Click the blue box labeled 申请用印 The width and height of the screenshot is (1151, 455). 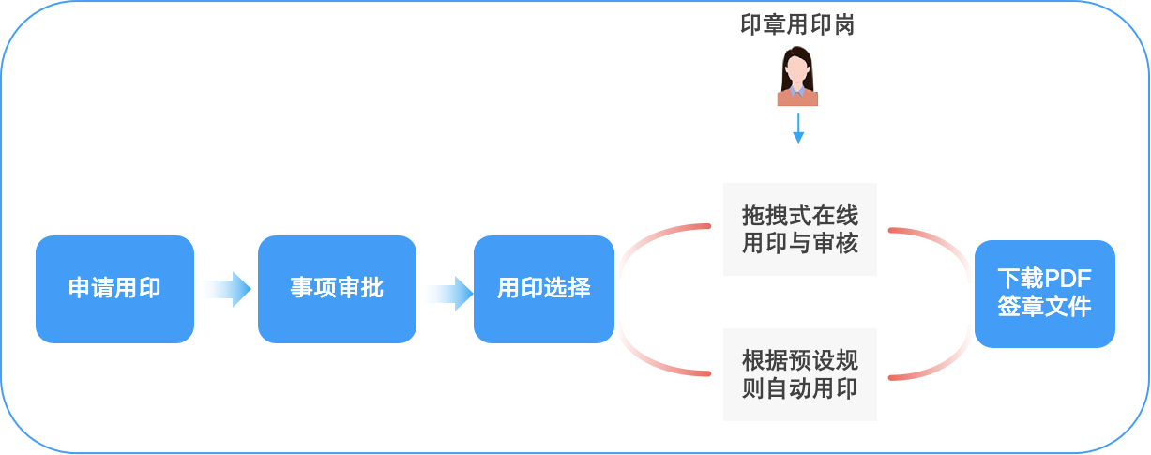114,288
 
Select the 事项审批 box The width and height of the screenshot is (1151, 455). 337,288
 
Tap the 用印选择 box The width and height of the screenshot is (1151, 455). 543,288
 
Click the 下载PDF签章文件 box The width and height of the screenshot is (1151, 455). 1044,293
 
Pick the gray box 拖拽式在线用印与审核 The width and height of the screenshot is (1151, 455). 799,229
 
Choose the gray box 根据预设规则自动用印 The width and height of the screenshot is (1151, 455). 799,374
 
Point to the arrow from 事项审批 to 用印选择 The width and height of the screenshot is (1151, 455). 447,292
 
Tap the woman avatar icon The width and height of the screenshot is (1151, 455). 797,74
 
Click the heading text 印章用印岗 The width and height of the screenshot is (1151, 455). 797,25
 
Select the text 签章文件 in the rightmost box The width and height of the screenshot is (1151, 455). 1044,307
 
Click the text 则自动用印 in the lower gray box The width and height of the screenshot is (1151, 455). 799,388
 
